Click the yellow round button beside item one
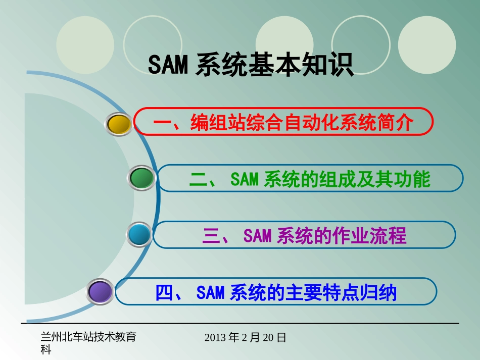pos(120,125)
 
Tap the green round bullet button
pos(141,178)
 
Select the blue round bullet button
pos(139,235)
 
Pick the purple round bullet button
pos(100,292)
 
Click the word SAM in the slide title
pos(168,65)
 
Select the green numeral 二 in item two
pos(199,179)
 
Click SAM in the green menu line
pos(245,179)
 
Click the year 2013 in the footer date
pos(216,337)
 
